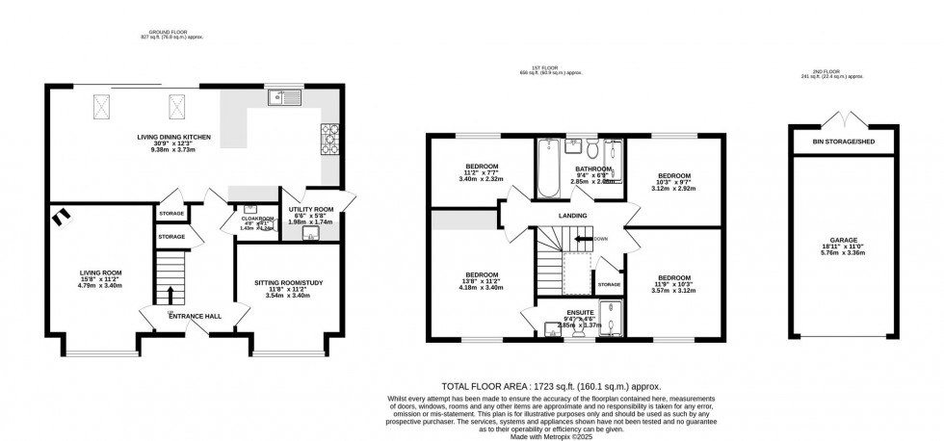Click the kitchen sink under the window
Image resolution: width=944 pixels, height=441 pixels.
pyautogui.click(x=286, y=96)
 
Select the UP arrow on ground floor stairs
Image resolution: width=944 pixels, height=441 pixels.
pyautogui.click(x=170, y=293)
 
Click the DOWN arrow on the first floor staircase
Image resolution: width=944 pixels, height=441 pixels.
pyautogui.click(x=585, y=238)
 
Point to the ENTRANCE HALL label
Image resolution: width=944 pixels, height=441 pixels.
pyautogui.click(x=193, y=316)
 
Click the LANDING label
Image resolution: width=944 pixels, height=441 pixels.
pyautogui.click(x=571, y=215)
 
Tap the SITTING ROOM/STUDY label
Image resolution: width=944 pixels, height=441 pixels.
pyautogui.click(x=287, y=282)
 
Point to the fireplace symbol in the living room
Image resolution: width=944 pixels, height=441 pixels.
pyautogui.click(x=62, y=216)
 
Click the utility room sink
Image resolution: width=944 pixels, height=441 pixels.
pyautogui.click(x=309, y=234)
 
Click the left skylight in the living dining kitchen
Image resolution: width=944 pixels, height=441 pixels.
pyautogui.click(x=100, y=105)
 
